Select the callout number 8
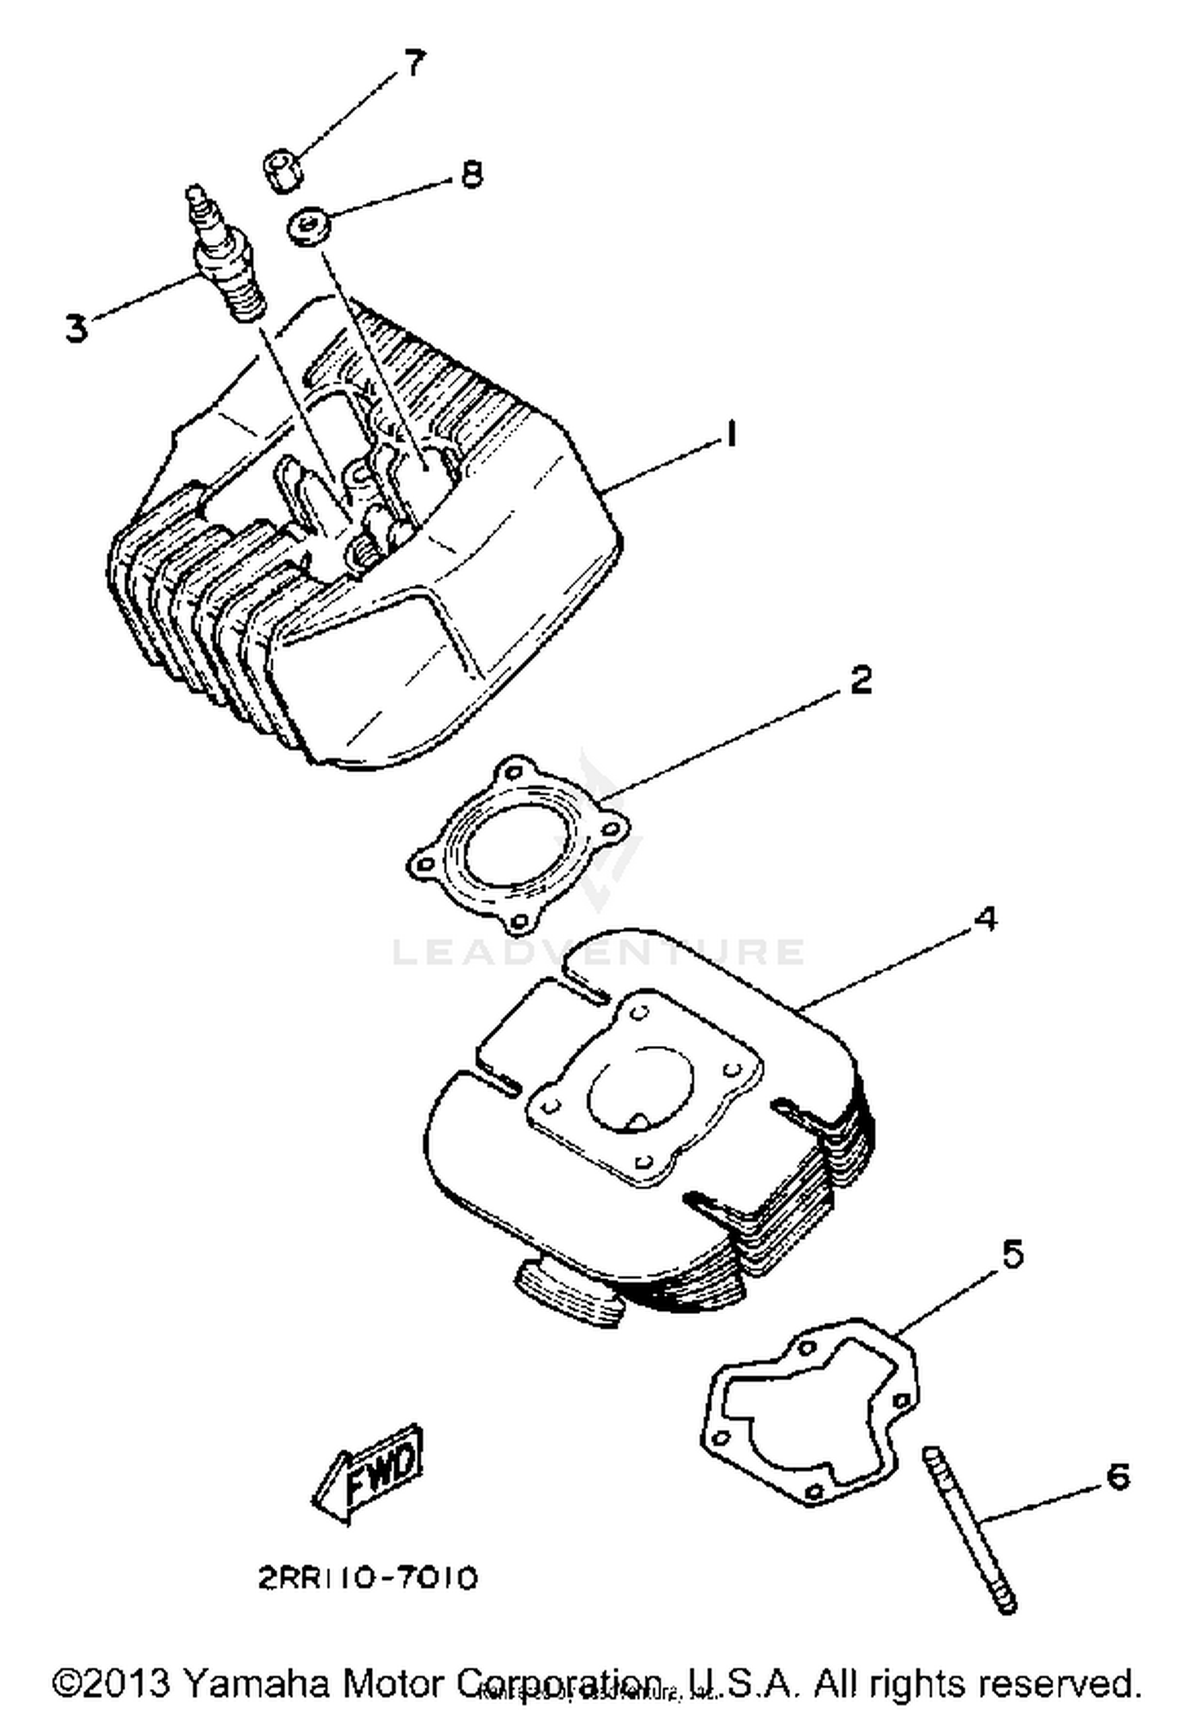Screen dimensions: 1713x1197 click(x=472, y=173)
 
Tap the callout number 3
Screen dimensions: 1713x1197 click(x=76, y=328)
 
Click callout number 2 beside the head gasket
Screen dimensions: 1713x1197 click(x=860, y=681)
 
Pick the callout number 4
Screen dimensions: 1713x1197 click(x=986, y=918)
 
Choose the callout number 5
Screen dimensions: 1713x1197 click(x=1012, y=1254)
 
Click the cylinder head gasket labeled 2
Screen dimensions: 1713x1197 click(x=515, y=845)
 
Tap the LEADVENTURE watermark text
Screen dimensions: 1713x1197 click(x=598, y=952)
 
